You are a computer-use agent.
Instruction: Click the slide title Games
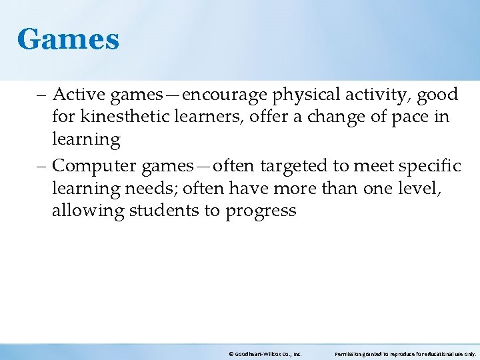(68, 39)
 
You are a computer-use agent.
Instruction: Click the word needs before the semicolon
(149, 189)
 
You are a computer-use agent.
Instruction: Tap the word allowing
(83, 211)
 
